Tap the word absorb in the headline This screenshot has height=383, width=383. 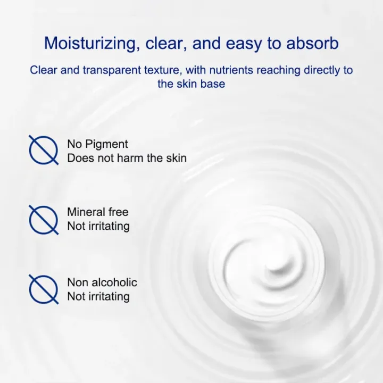pyautogui.click(x=312, y=43)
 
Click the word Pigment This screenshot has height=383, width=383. pyautogui.click(x=107, y=144)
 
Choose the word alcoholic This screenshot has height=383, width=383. pyautogui.click(x=114, y=282)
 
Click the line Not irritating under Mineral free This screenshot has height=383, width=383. pyautogui.click(x=98, y=226)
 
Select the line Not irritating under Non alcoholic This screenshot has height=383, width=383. pyautogui.click(x=98, y=296)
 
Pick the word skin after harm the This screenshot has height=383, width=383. pyautogui.click(x=177, y=158)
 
